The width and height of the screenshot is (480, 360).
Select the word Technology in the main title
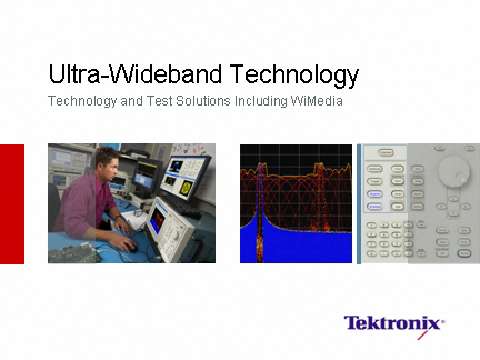(x=294, y=74)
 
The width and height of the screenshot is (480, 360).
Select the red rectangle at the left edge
(x=11, y=203)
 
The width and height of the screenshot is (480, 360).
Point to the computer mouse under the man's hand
(x=130, y=244)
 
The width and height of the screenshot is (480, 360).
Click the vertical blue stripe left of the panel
(x=359, y=203)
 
